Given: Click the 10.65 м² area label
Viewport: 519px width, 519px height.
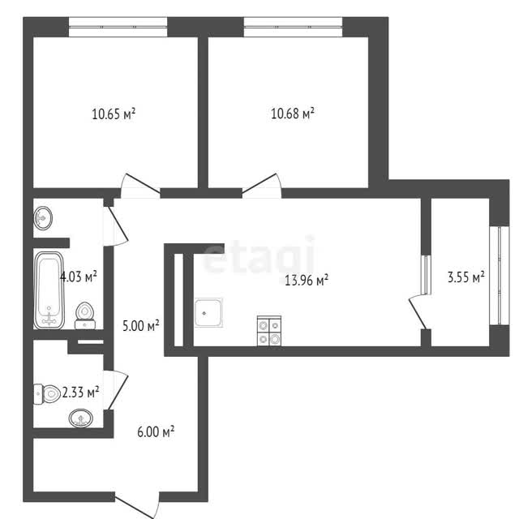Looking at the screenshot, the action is coord(114,114).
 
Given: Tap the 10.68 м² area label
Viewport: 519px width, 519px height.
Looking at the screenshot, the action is coord(293,114).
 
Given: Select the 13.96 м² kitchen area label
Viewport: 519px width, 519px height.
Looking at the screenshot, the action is coord(307,280).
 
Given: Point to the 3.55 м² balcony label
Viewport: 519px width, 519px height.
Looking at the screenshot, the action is coord(466,277).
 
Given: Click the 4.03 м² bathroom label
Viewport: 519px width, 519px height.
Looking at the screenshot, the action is coord(79,277).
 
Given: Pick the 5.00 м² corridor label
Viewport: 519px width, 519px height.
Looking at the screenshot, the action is coord(141,326).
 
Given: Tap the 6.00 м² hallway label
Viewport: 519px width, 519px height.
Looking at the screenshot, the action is coord(156,431).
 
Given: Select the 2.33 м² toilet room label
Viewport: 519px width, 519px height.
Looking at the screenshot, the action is coord(80,392).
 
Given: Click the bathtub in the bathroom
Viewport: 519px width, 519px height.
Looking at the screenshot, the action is coord(49,290).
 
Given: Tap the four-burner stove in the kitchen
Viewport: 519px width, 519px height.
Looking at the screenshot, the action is coord(269,331).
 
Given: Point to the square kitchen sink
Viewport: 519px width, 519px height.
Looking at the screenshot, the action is coord(208,313).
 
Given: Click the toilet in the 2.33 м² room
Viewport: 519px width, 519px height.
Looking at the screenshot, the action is coord(47,394).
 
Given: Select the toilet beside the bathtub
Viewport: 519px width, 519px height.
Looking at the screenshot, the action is coord(85,315).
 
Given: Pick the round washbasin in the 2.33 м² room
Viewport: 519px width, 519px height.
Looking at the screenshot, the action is coord(81,418).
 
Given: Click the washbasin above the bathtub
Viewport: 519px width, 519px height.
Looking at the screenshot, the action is coord(43,218).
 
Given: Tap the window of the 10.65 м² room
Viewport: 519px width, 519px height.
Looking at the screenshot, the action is coord(118,27).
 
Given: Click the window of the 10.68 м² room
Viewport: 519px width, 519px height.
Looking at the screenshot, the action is coord(293,27).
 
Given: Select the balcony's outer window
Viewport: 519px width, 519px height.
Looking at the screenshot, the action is coord(500,276).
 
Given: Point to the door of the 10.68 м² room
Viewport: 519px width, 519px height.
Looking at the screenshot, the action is coord(261,186).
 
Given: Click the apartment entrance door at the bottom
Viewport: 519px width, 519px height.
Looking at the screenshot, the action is coord(137,506).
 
